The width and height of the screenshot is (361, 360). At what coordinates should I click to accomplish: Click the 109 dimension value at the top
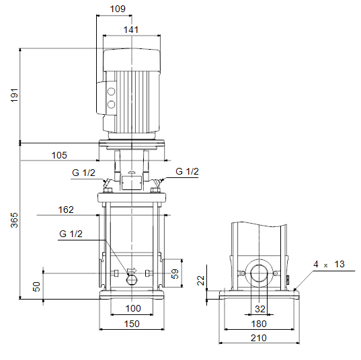118,9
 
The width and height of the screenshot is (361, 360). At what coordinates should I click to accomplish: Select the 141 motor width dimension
131,30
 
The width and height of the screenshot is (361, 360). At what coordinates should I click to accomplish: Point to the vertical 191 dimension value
14,95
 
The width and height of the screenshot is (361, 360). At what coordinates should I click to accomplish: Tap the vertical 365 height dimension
14,220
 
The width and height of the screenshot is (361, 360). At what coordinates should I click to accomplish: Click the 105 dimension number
59,155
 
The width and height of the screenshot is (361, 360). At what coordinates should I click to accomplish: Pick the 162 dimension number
66,210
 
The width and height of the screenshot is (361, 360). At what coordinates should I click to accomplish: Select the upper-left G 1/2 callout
83,173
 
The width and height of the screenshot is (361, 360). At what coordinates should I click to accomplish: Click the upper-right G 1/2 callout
187,171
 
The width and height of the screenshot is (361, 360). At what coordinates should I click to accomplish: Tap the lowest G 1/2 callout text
71,234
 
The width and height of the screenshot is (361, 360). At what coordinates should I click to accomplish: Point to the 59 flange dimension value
175,274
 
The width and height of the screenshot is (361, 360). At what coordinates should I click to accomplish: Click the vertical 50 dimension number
36,287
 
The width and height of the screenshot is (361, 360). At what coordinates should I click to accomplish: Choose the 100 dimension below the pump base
133,308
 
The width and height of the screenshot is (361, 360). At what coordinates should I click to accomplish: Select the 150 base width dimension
132,324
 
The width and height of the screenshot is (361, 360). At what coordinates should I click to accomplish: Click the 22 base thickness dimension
201,281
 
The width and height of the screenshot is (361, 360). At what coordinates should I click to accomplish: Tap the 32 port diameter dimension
260,309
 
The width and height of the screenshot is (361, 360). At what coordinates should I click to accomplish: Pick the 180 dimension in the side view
259,324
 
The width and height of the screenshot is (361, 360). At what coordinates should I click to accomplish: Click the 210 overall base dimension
259,338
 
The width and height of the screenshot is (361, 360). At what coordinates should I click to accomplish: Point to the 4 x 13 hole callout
329,265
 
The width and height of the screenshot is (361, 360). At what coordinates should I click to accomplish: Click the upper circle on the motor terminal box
111,91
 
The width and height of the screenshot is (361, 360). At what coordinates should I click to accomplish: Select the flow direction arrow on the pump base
132,271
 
